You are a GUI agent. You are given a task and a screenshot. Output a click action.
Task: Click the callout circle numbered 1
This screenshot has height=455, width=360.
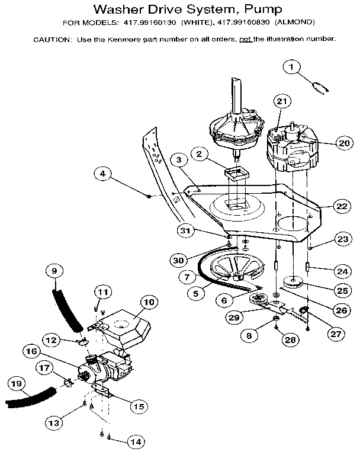point(291,68)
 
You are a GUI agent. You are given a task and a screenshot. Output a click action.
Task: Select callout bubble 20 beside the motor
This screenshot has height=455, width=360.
point(344,143)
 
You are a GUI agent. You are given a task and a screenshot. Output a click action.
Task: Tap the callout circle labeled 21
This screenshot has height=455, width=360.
point(282,102)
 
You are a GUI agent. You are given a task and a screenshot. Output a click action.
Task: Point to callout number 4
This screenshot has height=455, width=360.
point(103,174)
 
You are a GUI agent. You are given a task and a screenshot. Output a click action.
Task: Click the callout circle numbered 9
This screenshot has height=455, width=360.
point(54,272)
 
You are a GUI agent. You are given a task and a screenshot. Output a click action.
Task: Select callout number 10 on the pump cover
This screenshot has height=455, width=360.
point(148,302)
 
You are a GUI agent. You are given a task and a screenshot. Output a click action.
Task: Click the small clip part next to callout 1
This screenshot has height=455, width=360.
point(320,88)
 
